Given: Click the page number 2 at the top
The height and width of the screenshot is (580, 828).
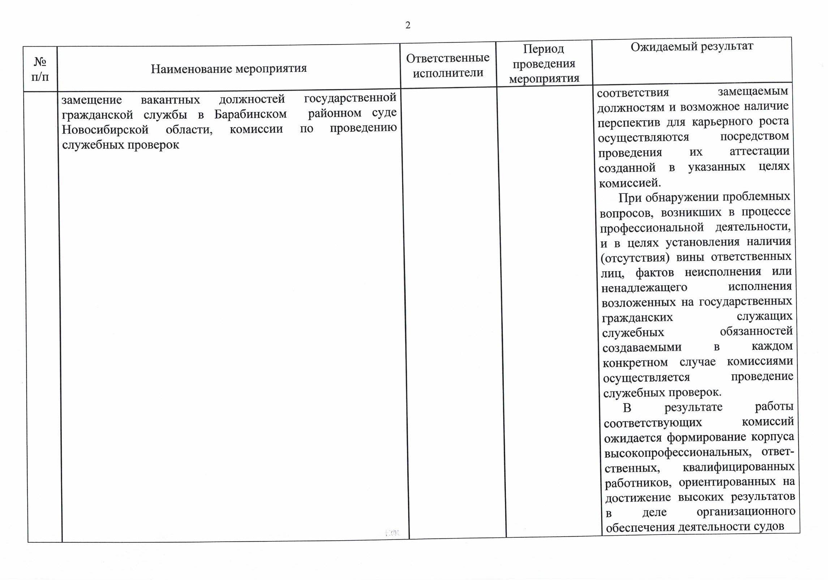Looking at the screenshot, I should pyautogui.click(x=408, y=25).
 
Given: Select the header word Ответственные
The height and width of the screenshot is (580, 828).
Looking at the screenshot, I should pyautogui.click(x=448, y=58).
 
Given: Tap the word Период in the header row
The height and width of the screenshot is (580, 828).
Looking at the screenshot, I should pyautogui.click(x=543, y=49).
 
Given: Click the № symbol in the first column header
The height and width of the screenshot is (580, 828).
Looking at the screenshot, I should pyautogui.click(x=40, y=62).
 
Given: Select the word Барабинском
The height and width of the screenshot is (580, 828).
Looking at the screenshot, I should pyautogui.click(x=250, y=114).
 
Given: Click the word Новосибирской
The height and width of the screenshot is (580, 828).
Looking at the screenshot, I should pyautogui.click(x=105, y=129).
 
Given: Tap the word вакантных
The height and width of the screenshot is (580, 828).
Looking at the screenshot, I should pyautogui.click(x=170, y=99).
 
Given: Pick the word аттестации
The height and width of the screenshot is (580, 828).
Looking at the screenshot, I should pyautogui.click(x=759, y=151).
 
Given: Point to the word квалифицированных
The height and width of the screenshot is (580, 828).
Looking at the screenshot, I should pyautogui.click(x=738, y=467).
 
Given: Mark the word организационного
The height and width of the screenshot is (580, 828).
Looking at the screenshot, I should pyautogui.click(x=746, y=512).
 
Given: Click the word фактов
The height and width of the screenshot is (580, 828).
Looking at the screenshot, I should pyautogui.click(x=655, y=272).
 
